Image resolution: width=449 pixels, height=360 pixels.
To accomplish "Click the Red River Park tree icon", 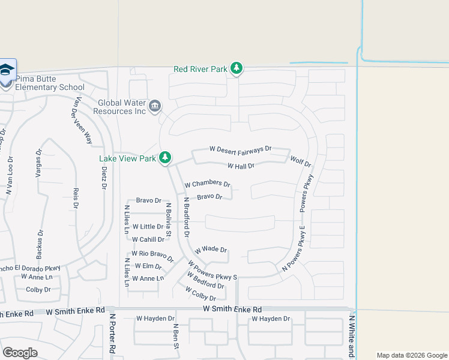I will click(x=237, y=68).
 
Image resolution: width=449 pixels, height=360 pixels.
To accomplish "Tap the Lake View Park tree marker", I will click(x=165, y=158).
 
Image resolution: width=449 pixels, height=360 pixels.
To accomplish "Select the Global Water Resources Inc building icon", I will click(x=155, y=107).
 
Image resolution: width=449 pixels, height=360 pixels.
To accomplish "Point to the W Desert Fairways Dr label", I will click(x=240, y=148).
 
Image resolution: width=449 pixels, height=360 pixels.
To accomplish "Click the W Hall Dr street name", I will click(x=241, y=166).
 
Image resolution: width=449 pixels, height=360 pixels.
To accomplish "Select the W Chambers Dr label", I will click(x=207, y=184).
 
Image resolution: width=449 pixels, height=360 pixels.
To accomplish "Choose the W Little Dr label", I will click(x=148, y=227).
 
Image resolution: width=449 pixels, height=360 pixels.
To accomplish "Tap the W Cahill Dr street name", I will click(x=148, y=239).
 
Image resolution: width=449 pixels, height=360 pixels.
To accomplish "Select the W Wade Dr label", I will click(x=211, y=250).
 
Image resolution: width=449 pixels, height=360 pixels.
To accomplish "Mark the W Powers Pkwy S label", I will click(x=212, y=270).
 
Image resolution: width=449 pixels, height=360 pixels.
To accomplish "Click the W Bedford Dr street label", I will click(x=206, y=280).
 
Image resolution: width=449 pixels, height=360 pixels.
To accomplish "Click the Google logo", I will click(x=20, y=353).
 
